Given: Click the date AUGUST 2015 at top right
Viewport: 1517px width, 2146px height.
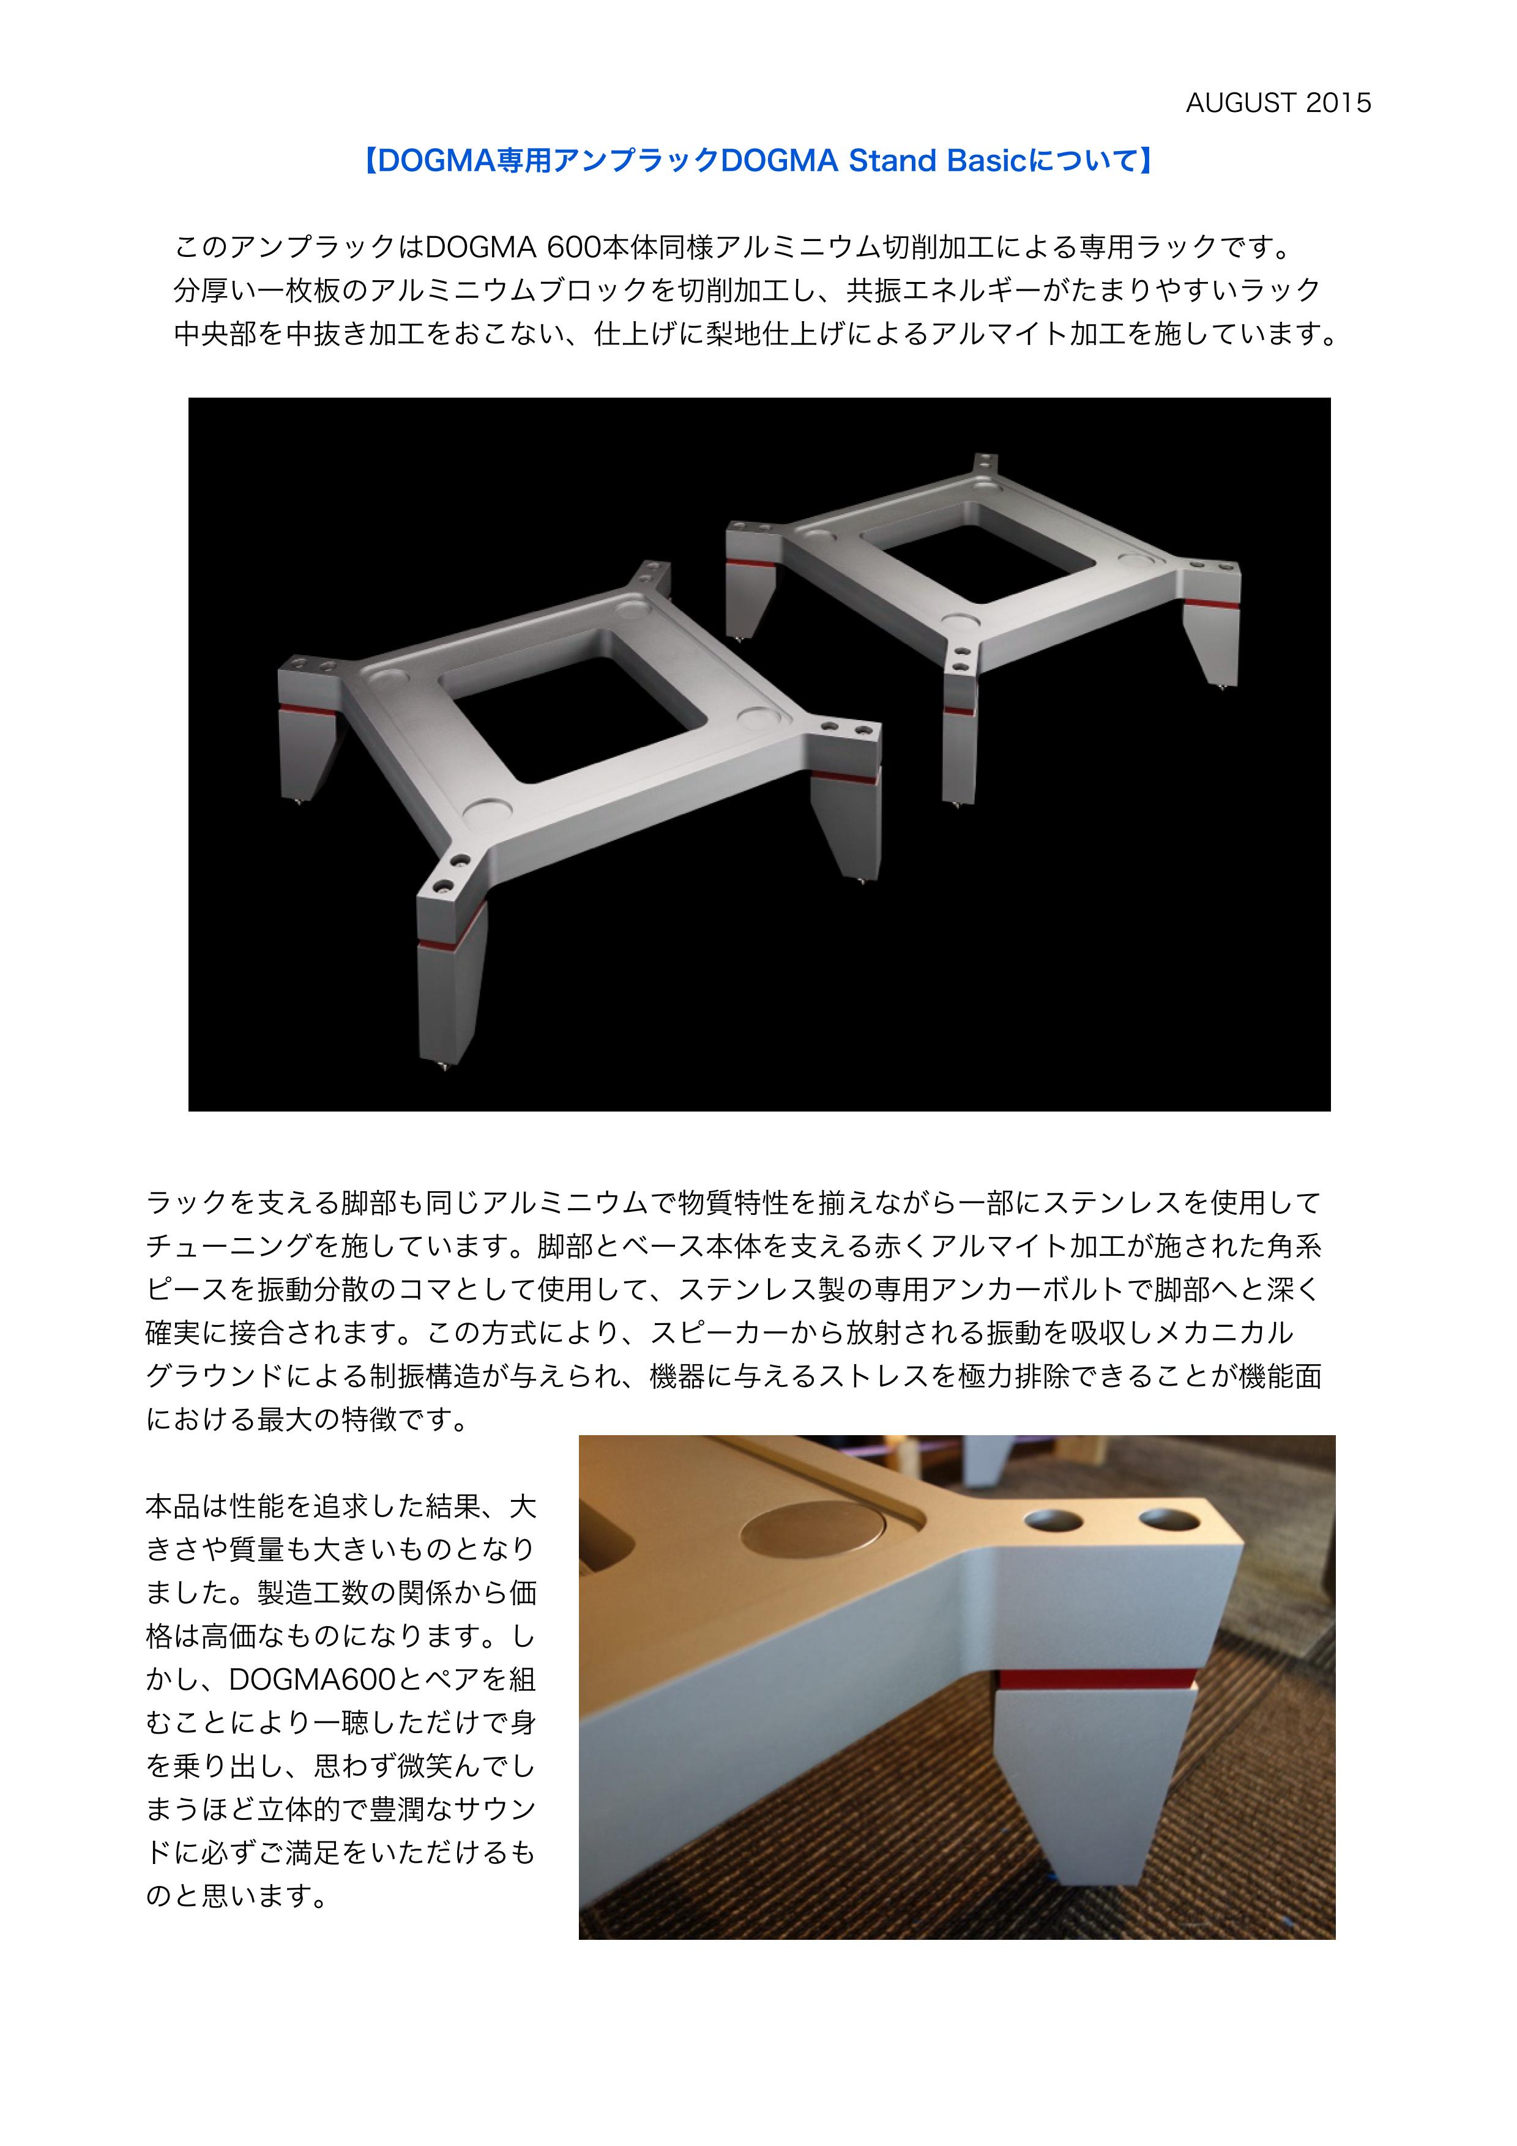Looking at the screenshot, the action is coord(1278,103).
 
